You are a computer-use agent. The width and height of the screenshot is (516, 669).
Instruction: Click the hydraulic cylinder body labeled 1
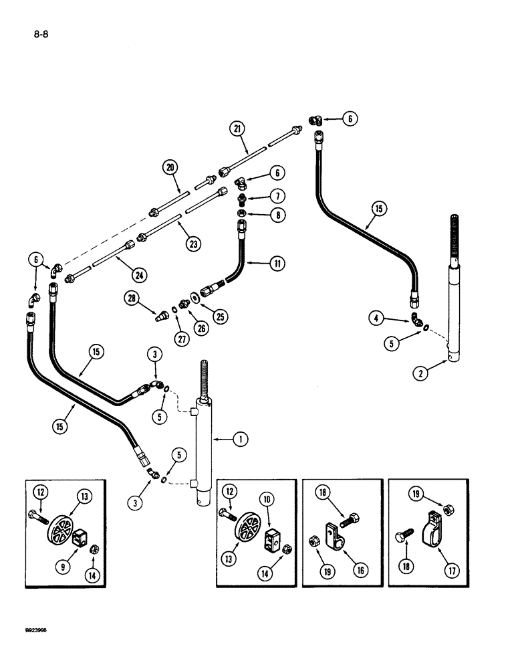click(x=203, y=462)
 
